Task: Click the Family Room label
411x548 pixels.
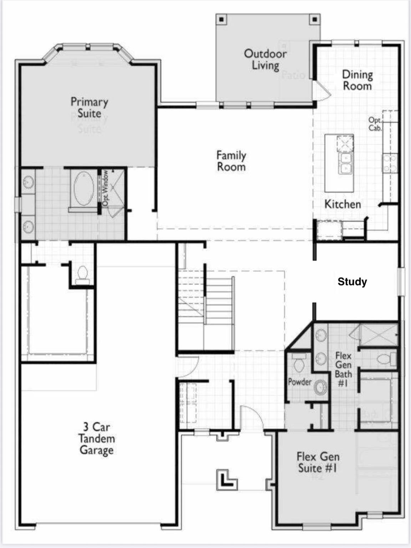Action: click(231, 161)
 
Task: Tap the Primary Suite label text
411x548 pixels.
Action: click(89, 107)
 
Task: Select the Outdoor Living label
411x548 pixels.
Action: click(265, 59)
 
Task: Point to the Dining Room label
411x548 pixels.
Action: click(357, 80)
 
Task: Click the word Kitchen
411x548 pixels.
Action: click(342, 204)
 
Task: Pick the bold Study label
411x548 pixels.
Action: click(352, 282)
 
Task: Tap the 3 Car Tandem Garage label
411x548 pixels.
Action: click(96, 438)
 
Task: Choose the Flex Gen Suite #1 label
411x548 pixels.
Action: click(318, 462)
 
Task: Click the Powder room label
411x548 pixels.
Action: click(300, 382)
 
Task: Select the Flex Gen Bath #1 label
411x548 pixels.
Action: click(343, 369)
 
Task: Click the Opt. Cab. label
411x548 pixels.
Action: click(375, 124)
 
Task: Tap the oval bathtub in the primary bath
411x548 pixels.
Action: click(84, 188)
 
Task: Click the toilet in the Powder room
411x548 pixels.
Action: click(298, 364)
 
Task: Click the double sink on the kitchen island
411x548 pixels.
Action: click(345, 163)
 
